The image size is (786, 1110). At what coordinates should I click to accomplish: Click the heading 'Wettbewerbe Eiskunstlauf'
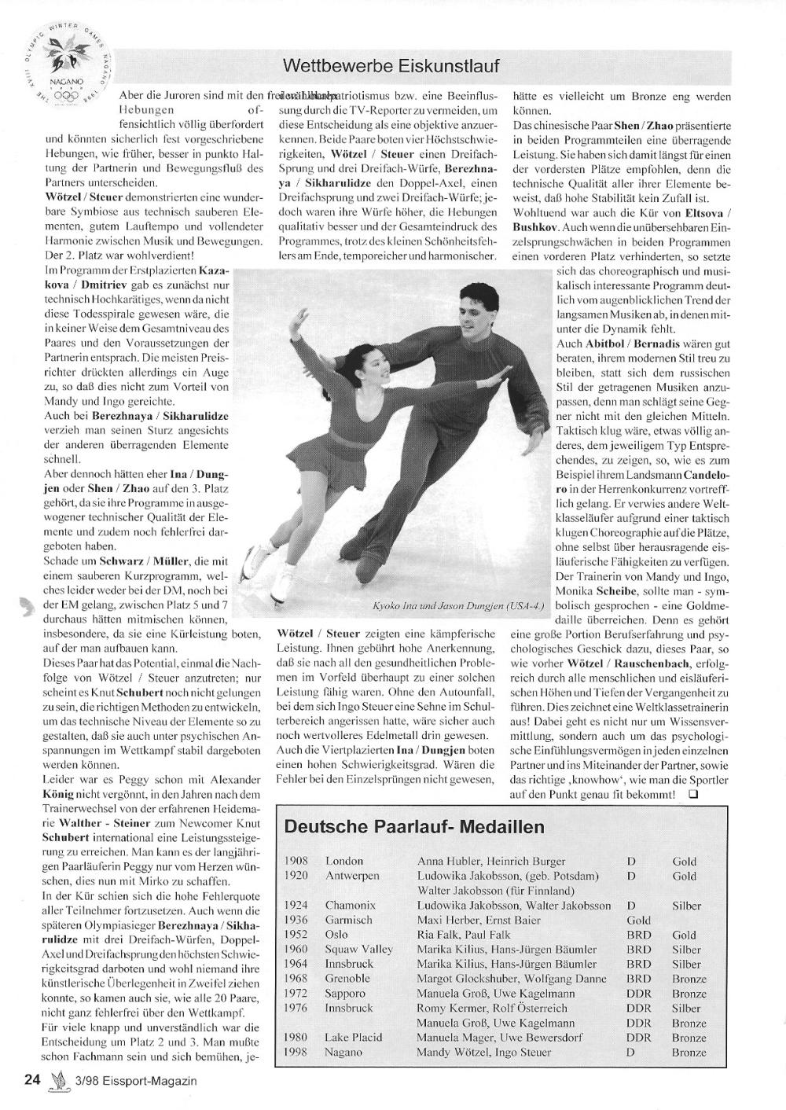[x=391, y=64]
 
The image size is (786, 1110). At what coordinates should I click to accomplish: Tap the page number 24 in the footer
[x=32, y=1079]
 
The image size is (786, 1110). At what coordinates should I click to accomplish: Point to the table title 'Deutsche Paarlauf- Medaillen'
[x=414, y=827]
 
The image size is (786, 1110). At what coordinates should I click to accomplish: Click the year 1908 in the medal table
[x=296, y=861]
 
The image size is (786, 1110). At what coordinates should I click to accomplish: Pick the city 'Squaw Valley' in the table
[x=358, y=949]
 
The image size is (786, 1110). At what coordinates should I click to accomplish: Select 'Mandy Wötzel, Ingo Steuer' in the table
[x=484, y=1052]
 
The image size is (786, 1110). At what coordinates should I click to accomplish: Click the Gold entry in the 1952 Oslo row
[x=684, y=935]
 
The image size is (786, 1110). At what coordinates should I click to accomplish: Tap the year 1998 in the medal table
[x=296, y=1052]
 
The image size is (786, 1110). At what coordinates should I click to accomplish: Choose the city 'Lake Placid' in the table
[x=354, y=1037]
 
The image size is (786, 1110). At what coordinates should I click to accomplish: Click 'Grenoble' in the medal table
[x=347, y=979]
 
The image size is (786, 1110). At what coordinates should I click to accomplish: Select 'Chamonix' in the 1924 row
[x=351, y=905]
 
